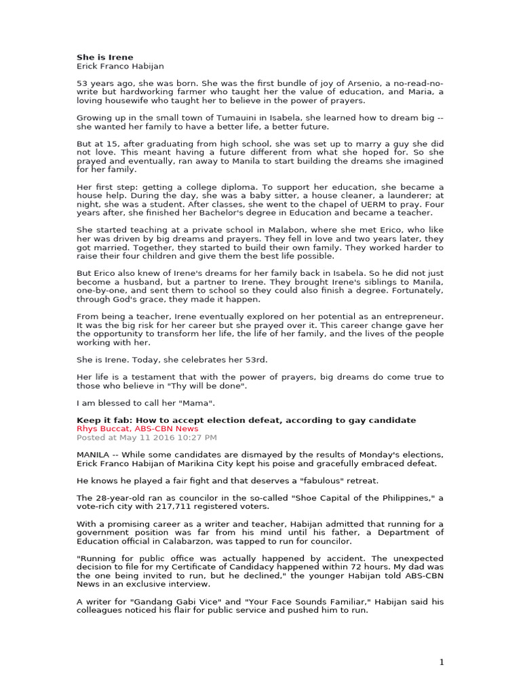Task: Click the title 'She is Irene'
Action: [x=104, y=57]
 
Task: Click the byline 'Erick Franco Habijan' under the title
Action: [x=120, y=66]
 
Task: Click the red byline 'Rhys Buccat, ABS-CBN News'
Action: [x=138, y=429]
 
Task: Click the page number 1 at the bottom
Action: [x=442, y=662]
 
